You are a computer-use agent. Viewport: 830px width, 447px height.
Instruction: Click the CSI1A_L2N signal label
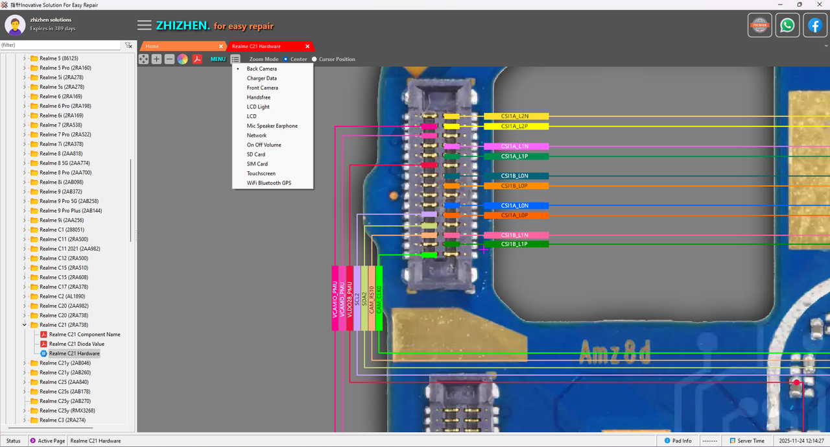pos(516,116)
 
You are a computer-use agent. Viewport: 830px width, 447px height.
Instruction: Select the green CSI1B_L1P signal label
pos(516,244)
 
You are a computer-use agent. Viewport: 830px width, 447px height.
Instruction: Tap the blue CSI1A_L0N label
pos(516,206)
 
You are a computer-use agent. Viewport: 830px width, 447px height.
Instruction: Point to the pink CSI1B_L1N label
pos(516,235)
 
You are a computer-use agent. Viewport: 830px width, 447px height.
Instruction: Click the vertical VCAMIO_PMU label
pos(335,298)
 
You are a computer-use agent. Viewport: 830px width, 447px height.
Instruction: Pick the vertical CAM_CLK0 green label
pos(379,298)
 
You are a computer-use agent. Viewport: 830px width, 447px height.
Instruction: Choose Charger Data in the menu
pos(261,79)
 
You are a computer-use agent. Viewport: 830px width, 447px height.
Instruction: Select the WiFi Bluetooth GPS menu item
pos(268,183)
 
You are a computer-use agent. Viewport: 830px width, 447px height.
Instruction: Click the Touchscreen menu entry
pos(261,173)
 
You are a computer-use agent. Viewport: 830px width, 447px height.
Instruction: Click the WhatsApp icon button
pos(787,25)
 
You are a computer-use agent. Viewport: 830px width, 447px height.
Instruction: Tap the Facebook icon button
pos(815,25)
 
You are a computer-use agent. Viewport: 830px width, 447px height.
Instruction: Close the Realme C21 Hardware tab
pos(307,47)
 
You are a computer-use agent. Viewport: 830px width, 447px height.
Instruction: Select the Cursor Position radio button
pos(314,59)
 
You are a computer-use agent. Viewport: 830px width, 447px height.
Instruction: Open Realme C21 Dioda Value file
pos(76,344)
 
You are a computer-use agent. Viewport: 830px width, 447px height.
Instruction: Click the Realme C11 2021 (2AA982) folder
pos(69,249)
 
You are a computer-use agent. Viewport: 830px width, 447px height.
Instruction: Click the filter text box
pos(60,45)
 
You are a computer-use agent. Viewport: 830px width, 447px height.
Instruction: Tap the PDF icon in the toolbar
pos(197,59)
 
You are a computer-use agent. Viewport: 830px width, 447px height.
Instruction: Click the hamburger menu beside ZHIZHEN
pos(145,25)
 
